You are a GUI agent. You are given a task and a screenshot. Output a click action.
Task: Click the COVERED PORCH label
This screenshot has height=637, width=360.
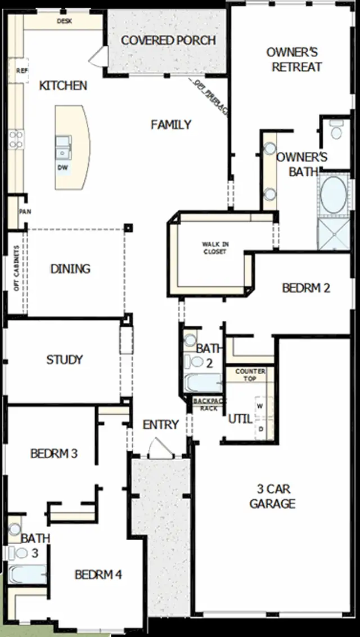(168, 41)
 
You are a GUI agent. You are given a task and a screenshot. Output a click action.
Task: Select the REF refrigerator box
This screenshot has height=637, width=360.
(21, 71)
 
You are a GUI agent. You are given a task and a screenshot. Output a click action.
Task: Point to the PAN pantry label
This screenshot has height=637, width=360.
(24, 212)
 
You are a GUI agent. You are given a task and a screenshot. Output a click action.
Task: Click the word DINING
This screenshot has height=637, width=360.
(70, 269)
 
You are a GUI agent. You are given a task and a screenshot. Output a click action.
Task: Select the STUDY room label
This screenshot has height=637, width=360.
(65, 360)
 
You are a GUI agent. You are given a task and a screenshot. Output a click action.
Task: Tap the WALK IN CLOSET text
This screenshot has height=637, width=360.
(215, 248)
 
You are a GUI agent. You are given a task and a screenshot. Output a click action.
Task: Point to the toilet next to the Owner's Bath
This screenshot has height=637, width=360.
(337, 131)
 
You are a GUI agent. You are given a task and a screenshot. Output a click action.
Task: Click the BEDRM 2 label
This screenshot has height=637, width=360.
(305, 288)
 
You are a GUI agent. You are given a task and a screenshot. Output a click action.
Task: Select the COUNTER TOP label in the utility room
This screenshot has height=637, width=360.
(250, 375)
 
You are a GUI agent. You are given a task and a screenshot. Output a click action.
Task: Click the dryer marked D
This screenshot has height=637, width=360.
(260, 429)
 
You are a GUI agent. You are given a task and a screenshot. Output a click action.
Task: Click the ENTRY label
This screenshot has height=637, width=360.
(160, 425)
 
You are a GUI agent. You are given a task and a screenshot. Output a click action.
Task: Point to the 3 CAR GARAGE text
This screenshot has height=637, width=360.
(272, 496)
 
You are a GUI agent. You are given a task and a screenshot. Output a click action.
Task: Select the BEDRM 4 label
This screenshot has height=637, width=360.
(98, 575)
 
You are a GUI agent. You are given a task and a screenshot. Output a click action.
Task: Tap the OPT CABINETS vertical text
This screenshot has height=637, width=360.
(17, 268)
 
